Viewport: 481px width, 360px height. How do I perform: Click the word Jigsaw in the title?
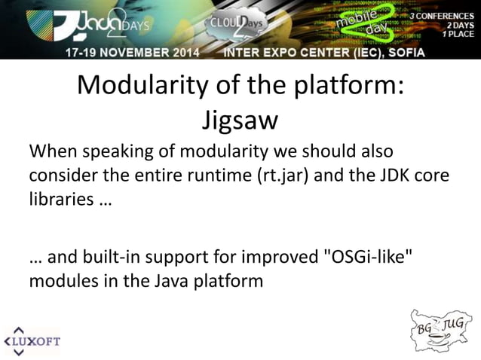(240, 121)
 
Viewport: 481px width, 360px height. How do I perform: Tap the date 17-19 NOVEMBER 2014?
(131, 52)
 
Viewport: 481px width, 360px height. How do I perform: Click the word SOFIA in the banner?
(406, 52)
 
